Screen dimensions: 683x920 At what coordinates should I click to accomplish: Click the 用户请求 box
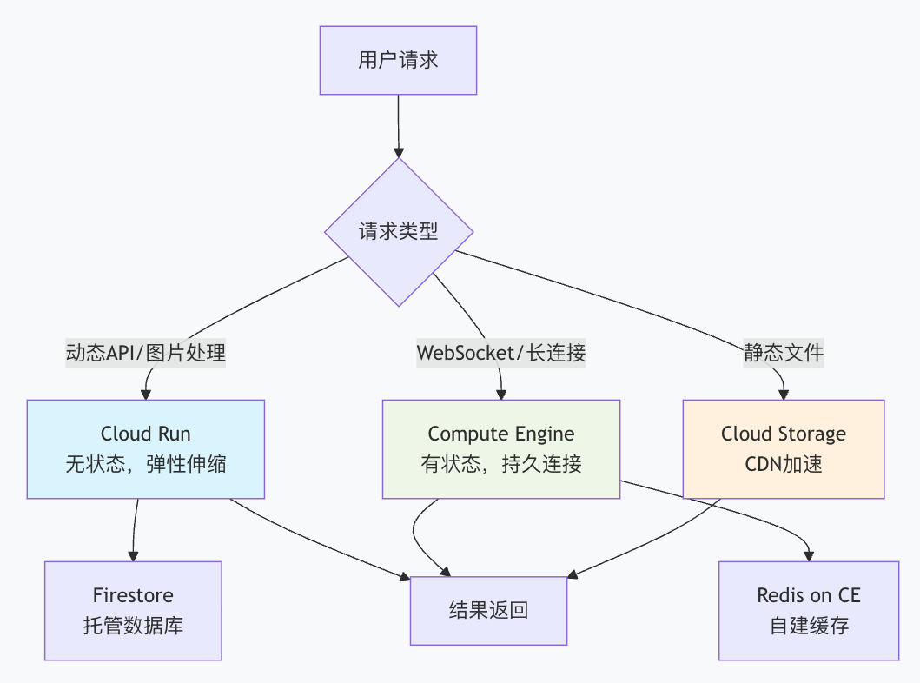click(x=398, y=60)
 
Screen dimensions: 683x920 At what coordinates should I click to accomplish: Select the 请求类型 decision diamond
click(x=399, y=232)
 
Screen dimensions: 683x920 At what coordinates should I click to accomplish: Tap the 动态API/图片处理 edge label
click(x=146, y=353)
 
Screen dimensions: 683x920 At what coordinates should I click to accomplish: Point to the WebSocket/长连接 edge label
click(x=501, y=353)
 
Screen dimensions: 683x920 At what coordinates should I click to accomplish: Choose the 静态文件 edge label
click(x=784, y=353)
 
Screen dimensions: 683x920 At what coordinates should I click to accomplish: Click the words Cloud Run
click(x=146, y=434)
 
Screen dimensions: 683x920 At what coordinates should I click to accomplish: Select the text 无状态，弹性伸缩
click(x=146, y=464)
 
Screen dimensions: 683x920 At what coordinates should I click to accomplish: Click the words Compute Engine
click(x=501, y=434)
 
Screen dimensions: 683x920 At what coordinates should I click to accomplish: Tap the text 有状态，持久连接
click(x=501, y=464)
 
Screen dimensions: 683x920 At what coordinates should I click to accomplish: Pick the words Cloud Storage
click(x=784, y=434)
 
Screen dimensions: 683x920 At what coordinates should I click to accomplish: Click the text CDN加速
click(x=784, y=464)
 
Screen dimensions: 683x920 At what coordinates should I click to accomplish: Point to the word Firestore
click(x=133, y=595)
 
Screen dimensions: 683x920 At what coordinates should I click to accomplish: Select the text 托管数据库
click(x=133, y=626)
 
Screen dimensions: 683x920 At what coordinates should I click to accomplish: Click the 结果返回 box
click(x=488, y=611)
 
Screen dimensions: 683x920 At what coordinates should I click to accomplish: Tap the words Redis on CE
click(x=809, y=595)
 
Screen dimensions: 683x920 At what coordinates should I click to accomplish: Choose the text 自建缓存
click(x=809, y=626)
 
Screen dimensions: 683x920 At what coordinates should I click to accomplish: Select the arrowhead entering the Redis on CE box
click(x=810, y=555)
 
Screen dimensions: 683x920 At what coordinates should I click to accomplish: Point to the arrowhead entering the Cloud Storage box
click(x=784, y=393)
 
